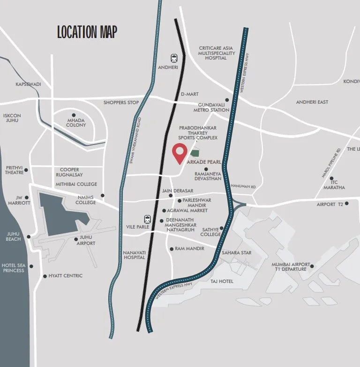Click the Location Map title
coord(87,32)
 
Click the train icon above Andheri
coord(174,58)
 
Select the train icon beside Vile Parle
coord(148,219)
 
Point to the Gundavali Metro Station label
coord(211,107)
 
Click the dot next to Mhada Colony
coord(74,115)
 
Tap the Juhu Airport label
coord(85,241)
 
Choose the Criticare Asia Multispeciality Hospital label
coord(216,53)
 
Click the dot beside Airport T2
coord(347,204)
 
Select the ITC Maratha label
coord(334,185)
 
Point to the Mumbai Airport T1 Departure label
coord(289,267)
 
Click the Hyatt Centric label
coord(66,276)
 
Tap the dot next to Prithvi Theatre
coord(26,170)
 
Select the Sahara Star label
coord(237,253)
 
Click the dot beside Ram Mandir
coord(172,249)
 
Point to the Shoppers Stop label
coord(121,102)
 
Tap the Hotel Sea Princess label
coord(13,268)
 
